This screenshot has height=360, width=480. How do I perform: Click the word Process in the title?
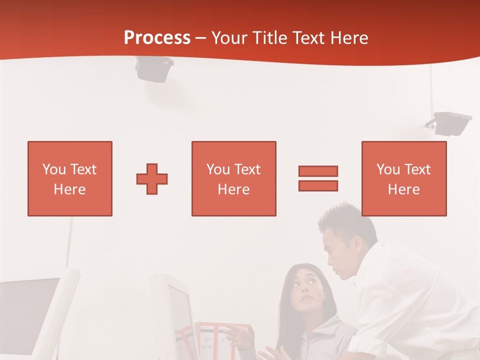[157, 38]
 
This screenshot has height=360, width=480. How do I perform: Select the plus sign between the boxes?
[152, 178]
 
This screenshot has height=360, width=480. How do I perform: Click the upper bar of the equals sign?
[318, 171]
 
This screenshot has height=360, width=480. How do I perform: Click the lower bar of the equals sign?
[318, 185]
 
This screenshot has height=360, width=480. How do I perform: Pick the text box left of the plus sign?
[70, 178]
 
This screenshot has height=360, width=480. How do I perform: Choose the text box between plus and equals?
[233, 178]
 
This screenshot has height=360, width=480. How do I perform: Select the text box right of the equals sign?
[403, 178]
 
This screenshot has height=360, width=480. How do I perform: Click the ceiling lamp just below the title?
[154, 68]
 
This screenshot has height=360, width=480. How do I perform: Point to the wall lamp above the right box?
[450, 123]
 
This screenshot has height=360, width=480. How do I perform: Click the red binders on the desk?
[220, 340]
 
